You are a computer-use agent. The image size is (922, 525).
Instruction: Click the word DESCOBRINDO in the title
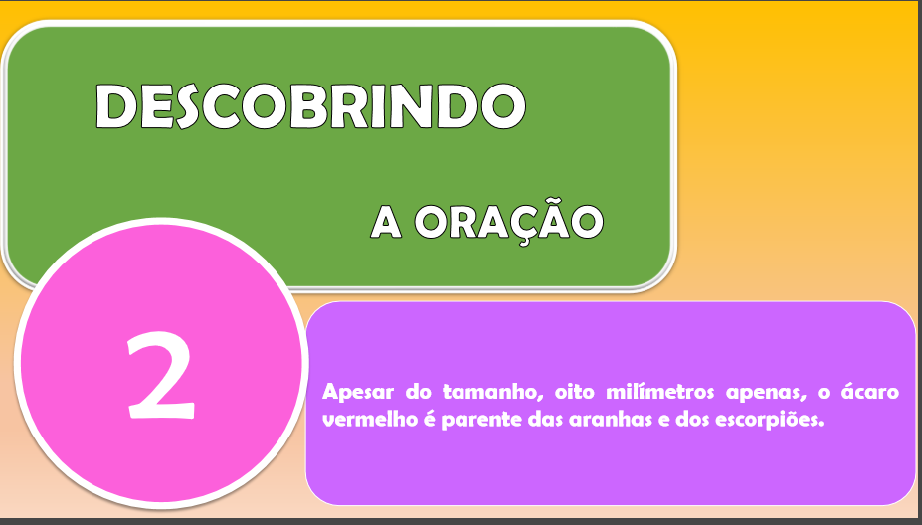[x=310, y=106]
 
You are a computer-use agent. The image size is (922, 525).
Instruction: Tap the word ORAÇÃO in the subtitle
[x=509, y=221]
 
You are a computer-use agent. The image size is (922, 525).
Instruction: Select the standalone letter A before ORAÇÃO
[x=386, y=222]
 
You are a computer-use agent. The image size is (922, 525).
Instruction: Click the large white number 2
[x=160, y=375]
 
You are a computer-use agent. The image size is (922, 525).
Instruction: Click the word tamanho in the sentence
[x=492, y=392]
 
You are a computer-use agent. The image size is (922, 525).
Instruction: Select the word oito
[x=575, y=392]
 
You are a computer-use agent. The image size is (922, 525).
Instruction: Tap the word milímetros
[x=659, y=392]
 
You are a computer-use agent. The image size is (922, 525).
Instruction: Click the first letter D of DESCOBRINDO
[x=116, y=106]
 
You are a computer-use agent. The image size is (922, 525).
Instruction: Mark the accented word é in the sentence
[x=429, y=419]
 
